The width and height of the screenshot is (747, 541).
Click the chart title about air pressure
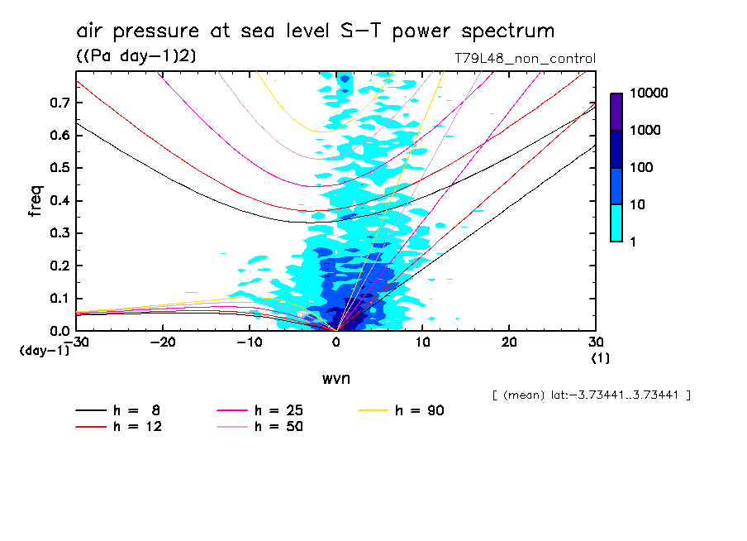click(x=315, y=31)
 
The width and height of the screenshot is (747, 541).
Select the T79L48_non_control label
click(x=525, y=59)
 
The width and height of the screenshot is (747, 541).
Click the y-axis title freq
click(x=35, y=201)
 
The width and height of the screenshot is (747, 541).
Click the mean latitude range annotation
click(x=591, y=395)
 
